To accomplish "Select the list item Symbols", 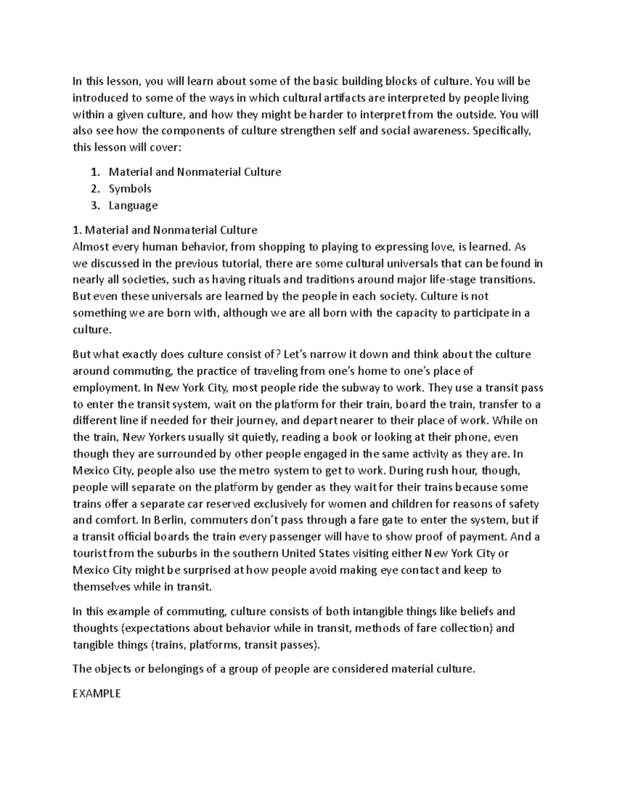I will tap(130, 189).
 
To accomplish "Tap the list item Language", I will tap(133, 206).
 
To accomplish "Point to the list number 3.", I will tap(94, 206).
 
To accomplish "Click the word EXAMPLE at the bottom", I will tap(97, 694).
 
